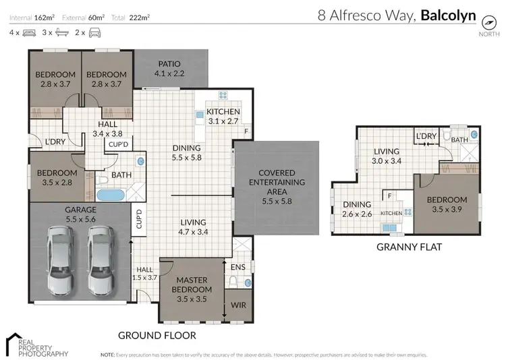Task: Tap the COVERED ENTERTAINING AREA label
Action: point(277,183)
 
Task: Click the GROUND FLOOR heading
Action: point(157,335)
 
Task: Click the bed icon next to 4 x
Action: point(29,32)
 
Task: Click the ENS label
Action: point(237,268)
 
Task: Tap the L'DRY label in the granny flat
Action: point(427,136)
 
